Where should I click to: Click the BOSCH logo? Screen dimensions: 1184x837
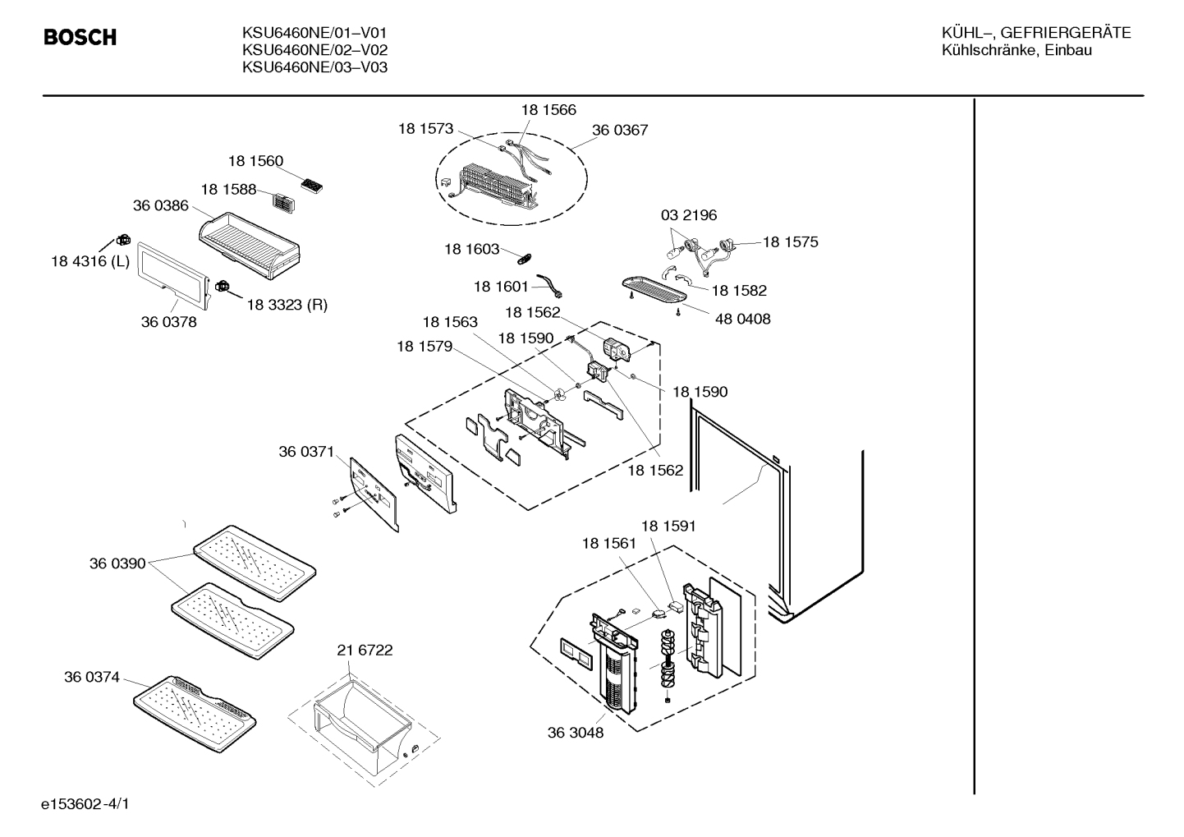pyautogui.click(x=80, y=38)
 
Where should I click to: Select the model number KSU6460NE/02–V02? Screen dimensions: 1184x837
pyautogui.click(x=315, y=50)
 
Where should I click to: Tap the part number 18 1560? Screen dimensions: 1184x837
pyautogui.click(x=256, y=161)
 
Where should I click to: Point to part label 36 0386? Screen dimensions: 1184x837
pyautogui.click(x=161, y=205)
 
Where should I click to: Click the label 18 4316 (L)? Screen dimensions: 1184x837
pyautogui.click(x=90, y=261)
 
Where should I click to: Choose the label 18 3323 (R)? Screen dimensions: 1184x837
pyautogui.click(x=287, y=305)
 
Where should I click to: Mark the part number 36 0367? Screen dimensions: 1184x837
pyautogui.click(x=620, y=130)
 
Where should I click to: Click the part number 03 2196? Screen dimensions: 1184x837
pyautogui.click(x=689, y=215)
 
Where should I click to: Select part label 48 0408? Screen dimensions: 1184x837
pyautogui.click(x=742, y=319)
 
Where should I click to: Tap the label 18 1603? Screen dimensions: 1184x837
pyautogui.click(x=472, y=249)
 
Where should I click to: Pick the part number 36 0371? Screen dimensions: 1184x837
pyautogui.click(x=306, y=452)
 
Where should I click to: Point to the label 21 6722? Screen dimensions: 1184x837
pyautogui.click(x=365, y=650)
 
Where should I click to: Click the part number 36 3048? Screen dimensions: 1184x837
pyautogui.click(x=576, y=733)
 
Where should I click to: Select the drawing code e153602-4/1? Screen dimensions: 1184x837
pyautogui.click(x=85, y=804)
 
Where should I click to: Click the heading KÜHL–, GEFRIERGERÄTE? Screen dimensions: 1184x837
pyautogui.click(x=1036, y=33)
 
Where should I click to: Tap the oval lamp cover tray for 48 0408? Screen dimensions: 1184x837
pyautogui.click(x=654, y=290)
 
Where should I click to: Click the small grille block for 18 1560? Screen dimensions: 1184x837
pyautogui.click(x=311, y=185)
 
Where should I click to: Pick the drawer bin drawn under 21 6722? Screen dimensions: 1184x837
pyautogui.click(x=363, y=722)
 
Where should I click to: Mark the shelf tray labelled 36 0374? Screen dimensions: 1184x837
pyautogui.click(x=195, y=714)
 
